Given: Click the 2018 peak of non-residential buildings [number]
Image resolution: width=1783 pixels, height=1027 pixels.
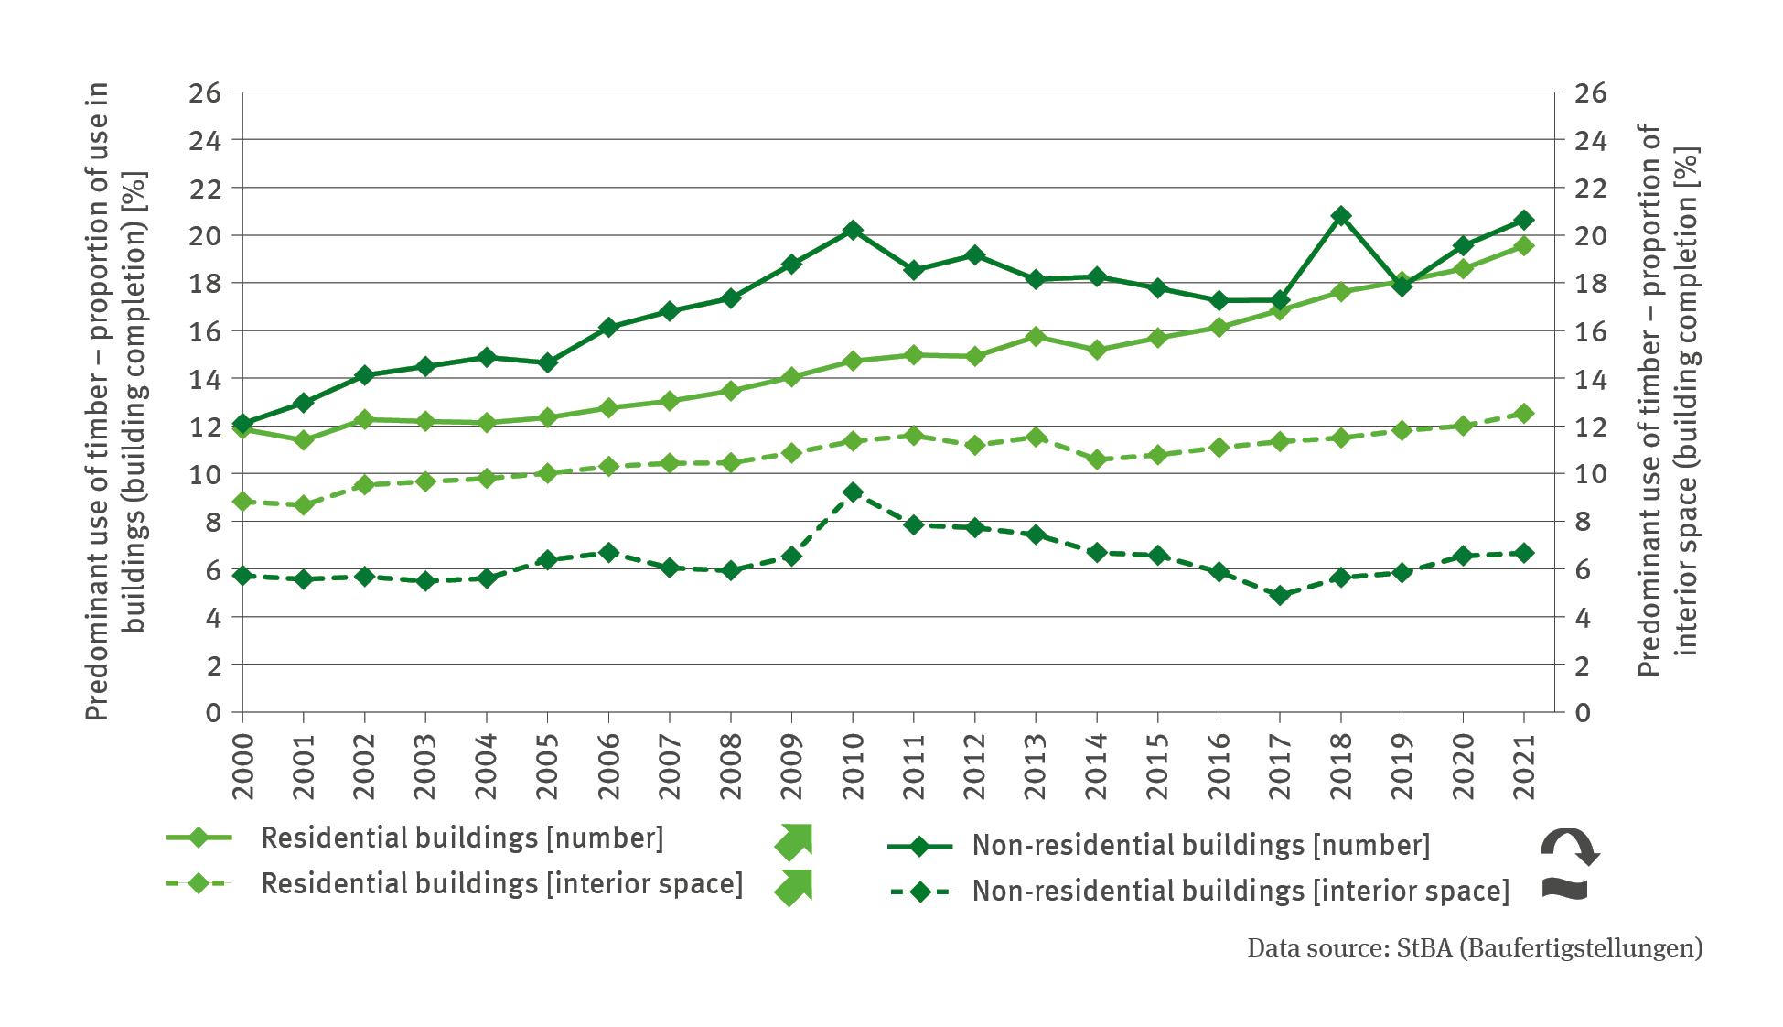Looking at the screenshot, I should (1341, 216).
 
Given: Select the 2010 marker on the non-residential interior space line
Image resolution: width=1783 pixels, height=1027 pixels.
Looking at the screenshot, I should (853, 492).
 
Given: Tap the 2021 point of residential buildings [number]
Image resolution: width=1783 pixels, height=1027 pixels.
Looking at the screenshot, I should (1524, 245).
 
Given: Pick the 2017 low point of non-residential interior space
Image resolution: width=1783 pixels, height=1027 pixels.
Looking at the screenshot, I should (1280, 595).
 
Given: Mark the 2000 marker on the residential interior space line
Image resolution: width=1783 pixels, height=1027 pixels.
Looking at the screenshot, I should (242, 502).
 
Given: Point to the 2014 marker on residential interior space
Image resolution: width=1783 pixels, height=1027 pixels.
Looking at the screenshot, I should (1097, 459).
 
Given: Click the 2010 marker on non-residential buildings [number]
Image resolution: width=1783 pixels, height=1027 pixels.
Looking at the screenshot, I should (853, 230).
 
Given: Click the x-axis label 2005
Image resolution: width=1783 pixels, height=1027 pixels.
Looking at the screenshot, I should (547, 766).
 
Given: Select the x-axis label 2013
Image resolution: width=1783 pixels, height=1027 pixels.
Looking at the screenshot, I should (1036, 766).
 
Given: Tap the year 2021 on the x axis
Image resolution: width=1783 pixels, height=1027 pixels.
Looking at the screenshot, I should (1524, 766).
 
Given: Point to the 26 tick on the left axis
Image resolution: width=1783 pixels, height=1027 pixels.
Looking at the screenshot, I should (205, 92).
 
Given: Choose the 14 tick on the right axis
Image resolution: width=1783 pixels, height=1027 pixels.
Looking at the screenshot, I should (1590, 379).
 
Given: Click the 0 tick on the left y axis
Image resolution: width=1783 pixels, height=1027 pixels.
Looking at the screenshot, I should (213, 712).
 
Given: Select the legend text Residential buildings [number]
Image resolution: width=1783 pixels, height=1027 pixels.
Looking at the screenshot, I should (462, 838).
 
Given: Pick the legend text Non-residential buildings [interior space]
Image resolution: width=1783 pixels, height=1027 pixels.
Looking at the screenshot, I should (1241, 891).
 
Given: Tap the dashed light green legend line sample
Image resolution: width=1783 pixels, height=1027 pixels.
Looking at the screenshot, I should (199, 883).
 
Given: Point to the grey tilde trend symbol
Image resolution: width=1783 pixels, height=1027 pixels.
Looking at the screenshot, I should (1565, 889).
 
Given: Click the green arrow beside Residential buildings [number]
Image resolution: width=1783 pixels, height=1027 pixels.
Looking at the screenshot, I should (794, 841).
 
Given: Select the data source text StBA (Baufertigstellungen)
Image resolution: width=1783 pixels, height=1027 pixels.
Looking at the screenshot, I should (1549, 948).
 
